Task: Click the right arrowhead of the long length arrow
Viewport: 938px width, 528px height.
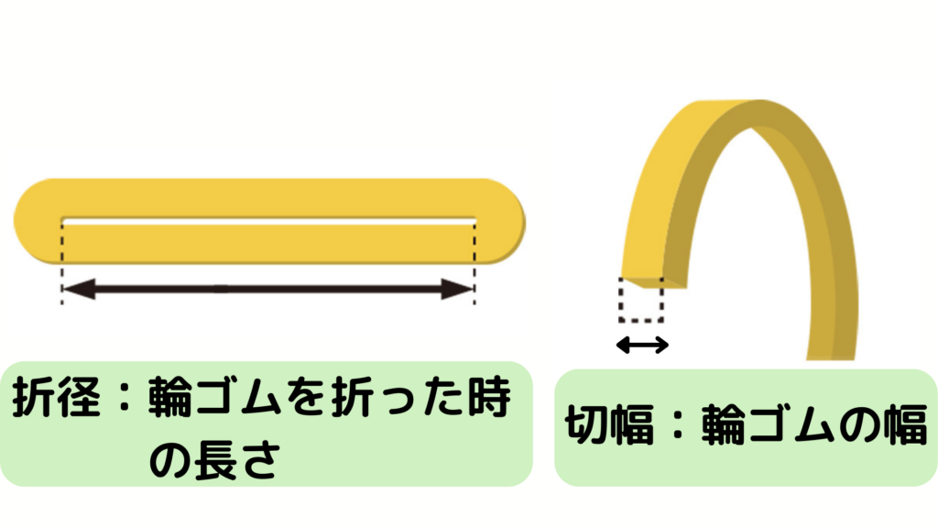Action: [457, 291]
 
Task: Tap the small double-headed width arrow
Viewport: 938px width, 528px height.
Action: [642, 345]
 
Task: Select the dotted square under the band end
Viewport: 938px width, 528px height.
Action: [640, 300]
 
